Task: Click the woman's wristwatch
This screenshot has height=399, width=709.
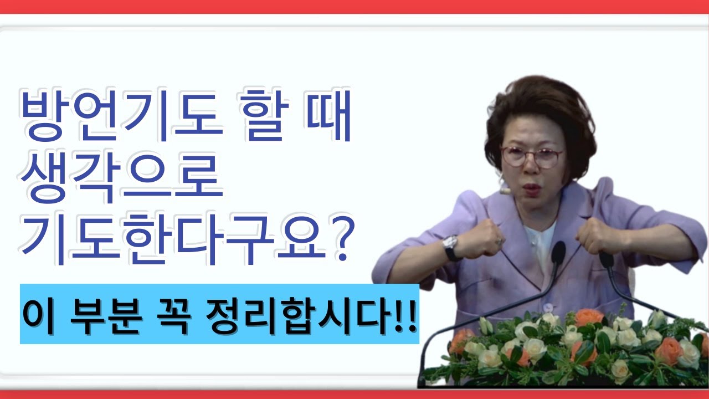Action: (x=450, y=246)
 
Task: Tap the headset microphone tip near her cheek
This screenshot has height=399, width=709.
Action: (x=504, y=190)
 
